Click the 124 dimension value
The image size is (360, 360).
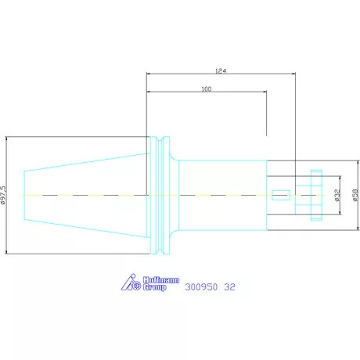[x=221, y=70]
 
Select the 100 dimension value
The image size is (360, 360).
[x=207, y=89]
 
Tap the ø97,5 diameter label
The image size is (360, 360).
[x=3, y=195]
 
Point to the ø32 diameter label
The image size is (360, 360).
[x=337, y=195]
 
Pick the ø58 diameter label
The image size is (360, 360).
[x=355, y=195]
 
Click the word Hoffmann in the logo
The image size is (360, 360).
[x=161, y=280]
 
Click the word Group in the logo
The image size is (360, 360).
[x=154, y=287]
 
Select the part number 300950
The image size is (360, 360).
[x=201, y=287]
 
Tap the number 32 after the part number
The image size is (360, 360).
[x=230, y=287]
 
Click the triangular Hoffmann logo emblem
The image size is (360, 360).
[x=131, y=283]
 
